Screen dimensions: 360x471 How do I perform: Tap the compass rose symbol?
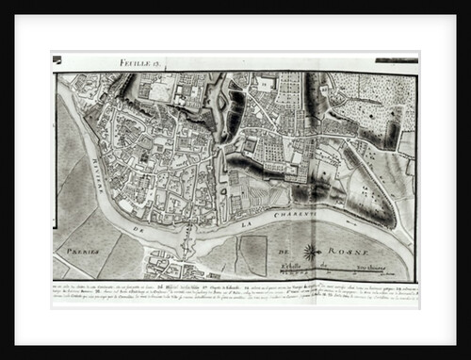point(310,252)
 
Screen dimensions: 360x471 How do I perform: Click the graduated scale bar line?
point(358,274)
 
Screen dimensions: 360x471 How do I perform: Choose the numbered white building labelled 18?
point(267,84)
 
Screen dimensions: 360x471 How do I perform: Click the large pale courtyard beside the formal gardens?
point(161,90)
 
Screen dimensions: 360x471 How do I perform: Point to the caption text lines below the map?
point(235,286)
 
